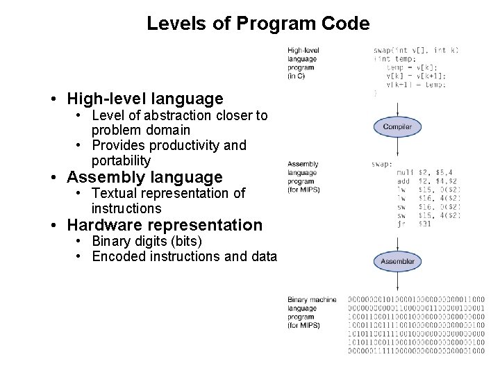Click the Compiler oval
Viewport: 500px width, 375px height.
click(x=397, y=127)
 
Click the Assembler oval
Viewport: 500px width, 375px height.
click(x=397, y=262)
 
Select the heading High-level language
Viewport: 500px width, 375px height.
click(x=145, y=99)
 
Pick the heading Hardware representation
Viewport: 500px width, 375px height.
click(x=165, y=225)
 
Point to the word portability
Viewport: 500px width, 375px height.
click(x=121, y=160)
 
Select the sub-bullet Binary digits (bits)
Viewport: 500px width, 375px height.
click(x=147, y=241)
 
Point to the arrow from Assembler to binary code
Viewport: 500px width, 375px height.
click(x=397, y=281)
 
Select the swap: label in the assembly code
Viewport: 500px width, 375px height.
click(x=383, y=164)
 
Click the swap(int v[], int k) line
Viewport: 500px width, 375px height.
click(x=416, y=51)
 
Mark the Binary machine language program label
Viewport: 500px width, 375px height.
click(x=311, y=312)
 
